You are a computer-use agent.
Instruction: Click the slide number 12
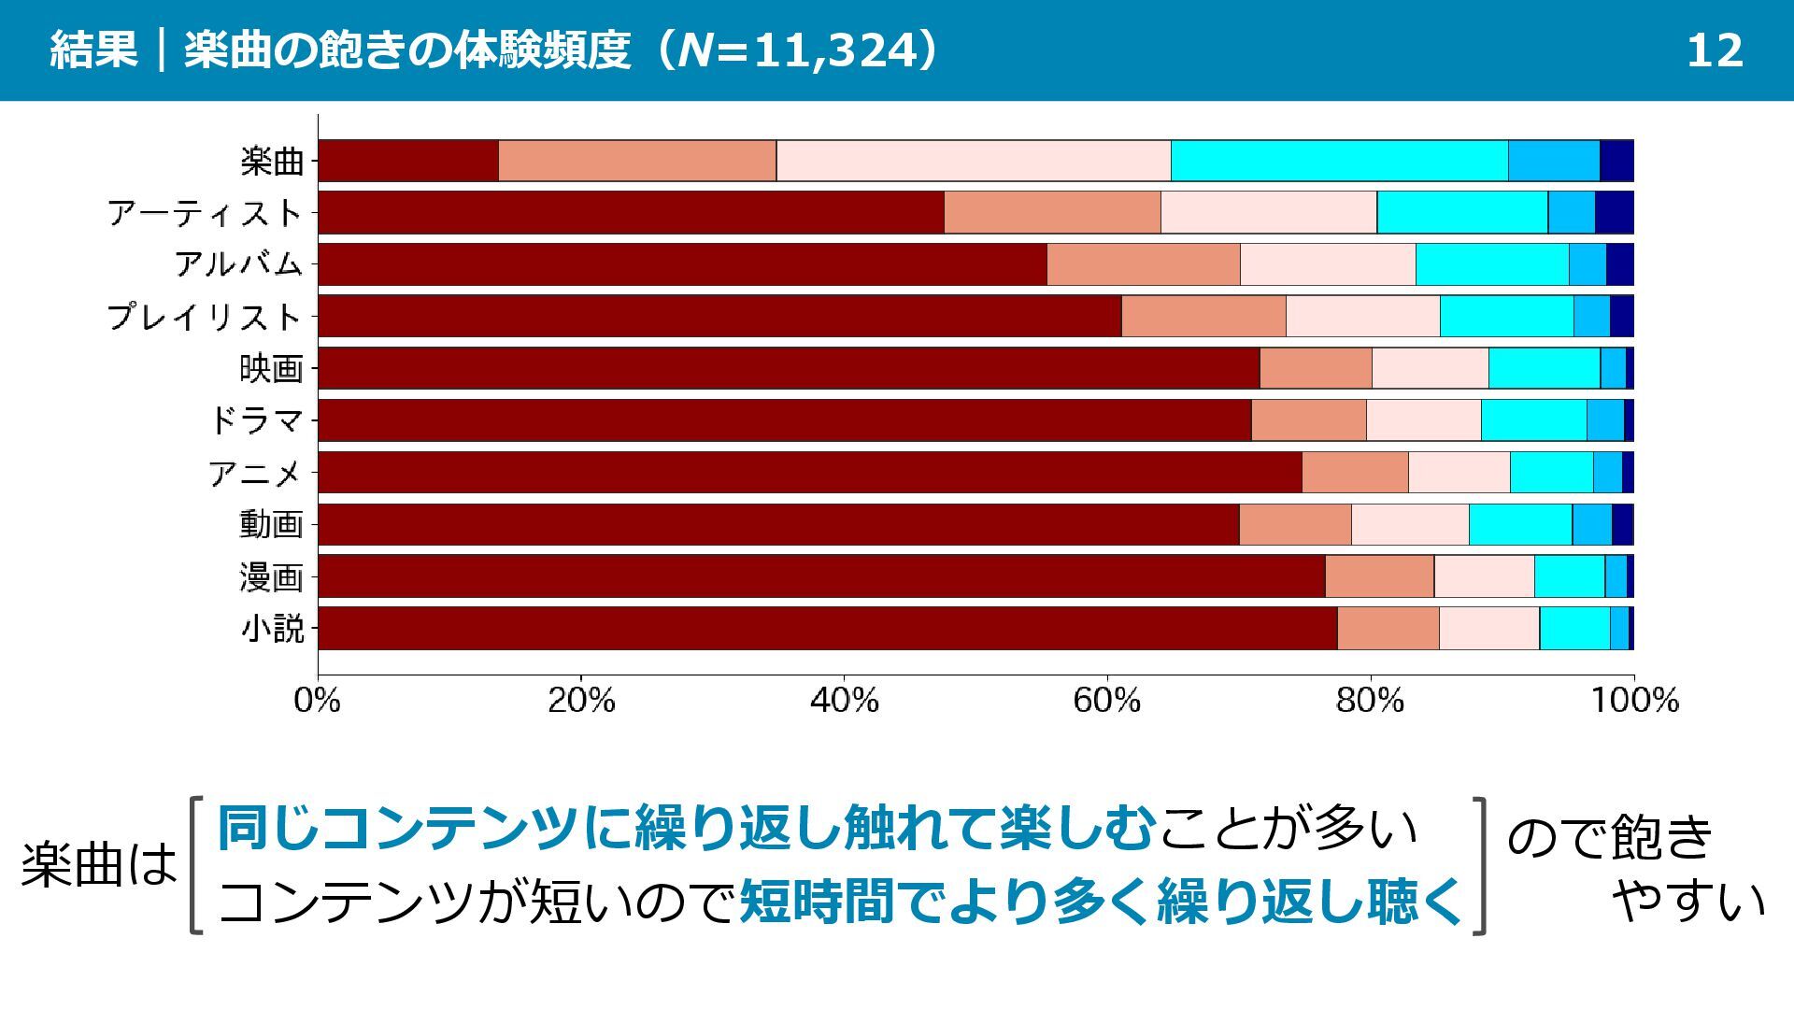pyautogui.click(x=1714, y=50)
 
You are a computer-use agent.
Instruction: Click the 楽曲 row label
pyautogui.click(x=272, y=162)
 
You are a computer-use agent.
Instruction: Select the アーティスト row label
pyautogui.click(x=206, y=213)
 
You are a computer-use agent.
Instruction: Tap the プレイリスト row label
pyautogui.click(x=205, y=317)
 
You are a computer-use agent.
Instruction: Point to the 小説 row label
pyautogui.click(x=272, y=628)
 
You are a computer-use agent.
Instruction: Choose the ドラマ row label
pyautogui.click(x=256, y=421)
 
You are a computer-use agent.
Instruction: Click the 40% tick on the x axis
pyautogui.click(x=844, y=700)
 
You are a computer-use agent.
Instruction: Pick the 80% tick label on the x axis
pyautogui.click(x=1370, y=700)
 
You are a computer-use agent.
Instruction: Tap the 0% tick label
pyautogui.click(x=318, y=700)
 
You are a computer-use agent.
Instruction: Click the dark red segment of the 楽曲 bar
pyautogui.click(x=408, y=161)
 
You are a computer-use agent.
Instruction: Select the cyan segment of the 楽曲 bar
pyautogui.click(x=1339, y=161)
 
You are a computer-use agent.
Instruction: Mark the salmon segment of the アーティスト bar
pyautogui.click(x=1052, y=212)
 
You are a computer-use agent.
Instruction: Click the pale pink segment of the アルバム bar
pyautogui.click(x=1328, y=264)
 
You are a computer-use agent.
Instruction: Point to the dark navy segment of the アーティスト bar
pyautogui.click(x=1614, y=212)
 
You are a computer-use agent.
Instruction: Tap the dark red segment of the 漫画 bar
pyautogui.click(x=821, y=576)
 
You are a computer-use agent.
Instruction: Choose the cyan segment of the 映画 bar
pyautogui.click(x=1544, y=368)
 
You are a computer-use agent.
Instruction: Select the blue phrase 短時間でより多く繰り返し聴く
pyautogui.click(x=1101, y=902)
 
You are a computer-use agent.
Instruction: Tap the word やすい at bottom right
pyautogui.click(x=1688, y=902)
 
